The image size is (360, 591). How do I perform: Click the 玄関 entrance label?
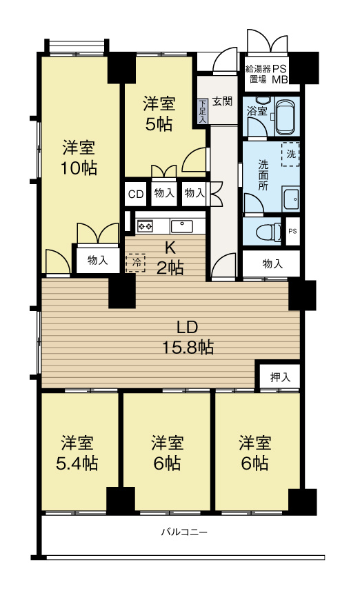222,102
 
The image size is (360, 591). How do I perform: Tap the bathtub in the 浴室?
285,115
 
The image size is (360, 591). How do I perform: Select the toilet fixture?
264,231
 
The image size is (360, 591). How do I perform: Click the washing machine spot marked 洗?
290,154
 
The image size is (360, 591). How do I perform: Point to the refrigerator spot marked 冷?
136,262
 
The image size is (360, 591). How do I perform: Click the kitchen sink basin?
183,225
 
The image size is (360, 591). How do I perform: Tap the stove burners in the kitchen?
145,225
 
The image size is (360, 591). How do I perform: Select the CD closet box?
136,194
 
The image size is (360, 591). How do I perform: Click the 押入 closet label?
279,377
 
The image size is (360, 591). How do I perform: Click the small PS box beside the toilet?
292,231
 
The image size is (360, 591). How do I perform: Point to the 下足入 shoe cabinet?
202,110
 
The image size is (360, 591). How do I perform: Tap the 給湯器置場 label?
257,74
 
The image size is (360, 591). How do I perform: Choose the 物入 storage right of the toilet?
272,263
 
